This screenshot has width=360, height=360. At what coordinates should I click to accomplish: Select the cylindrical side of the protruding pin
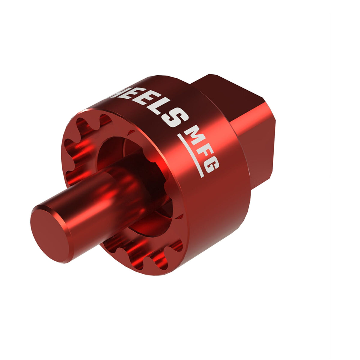tap(99, 192)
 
